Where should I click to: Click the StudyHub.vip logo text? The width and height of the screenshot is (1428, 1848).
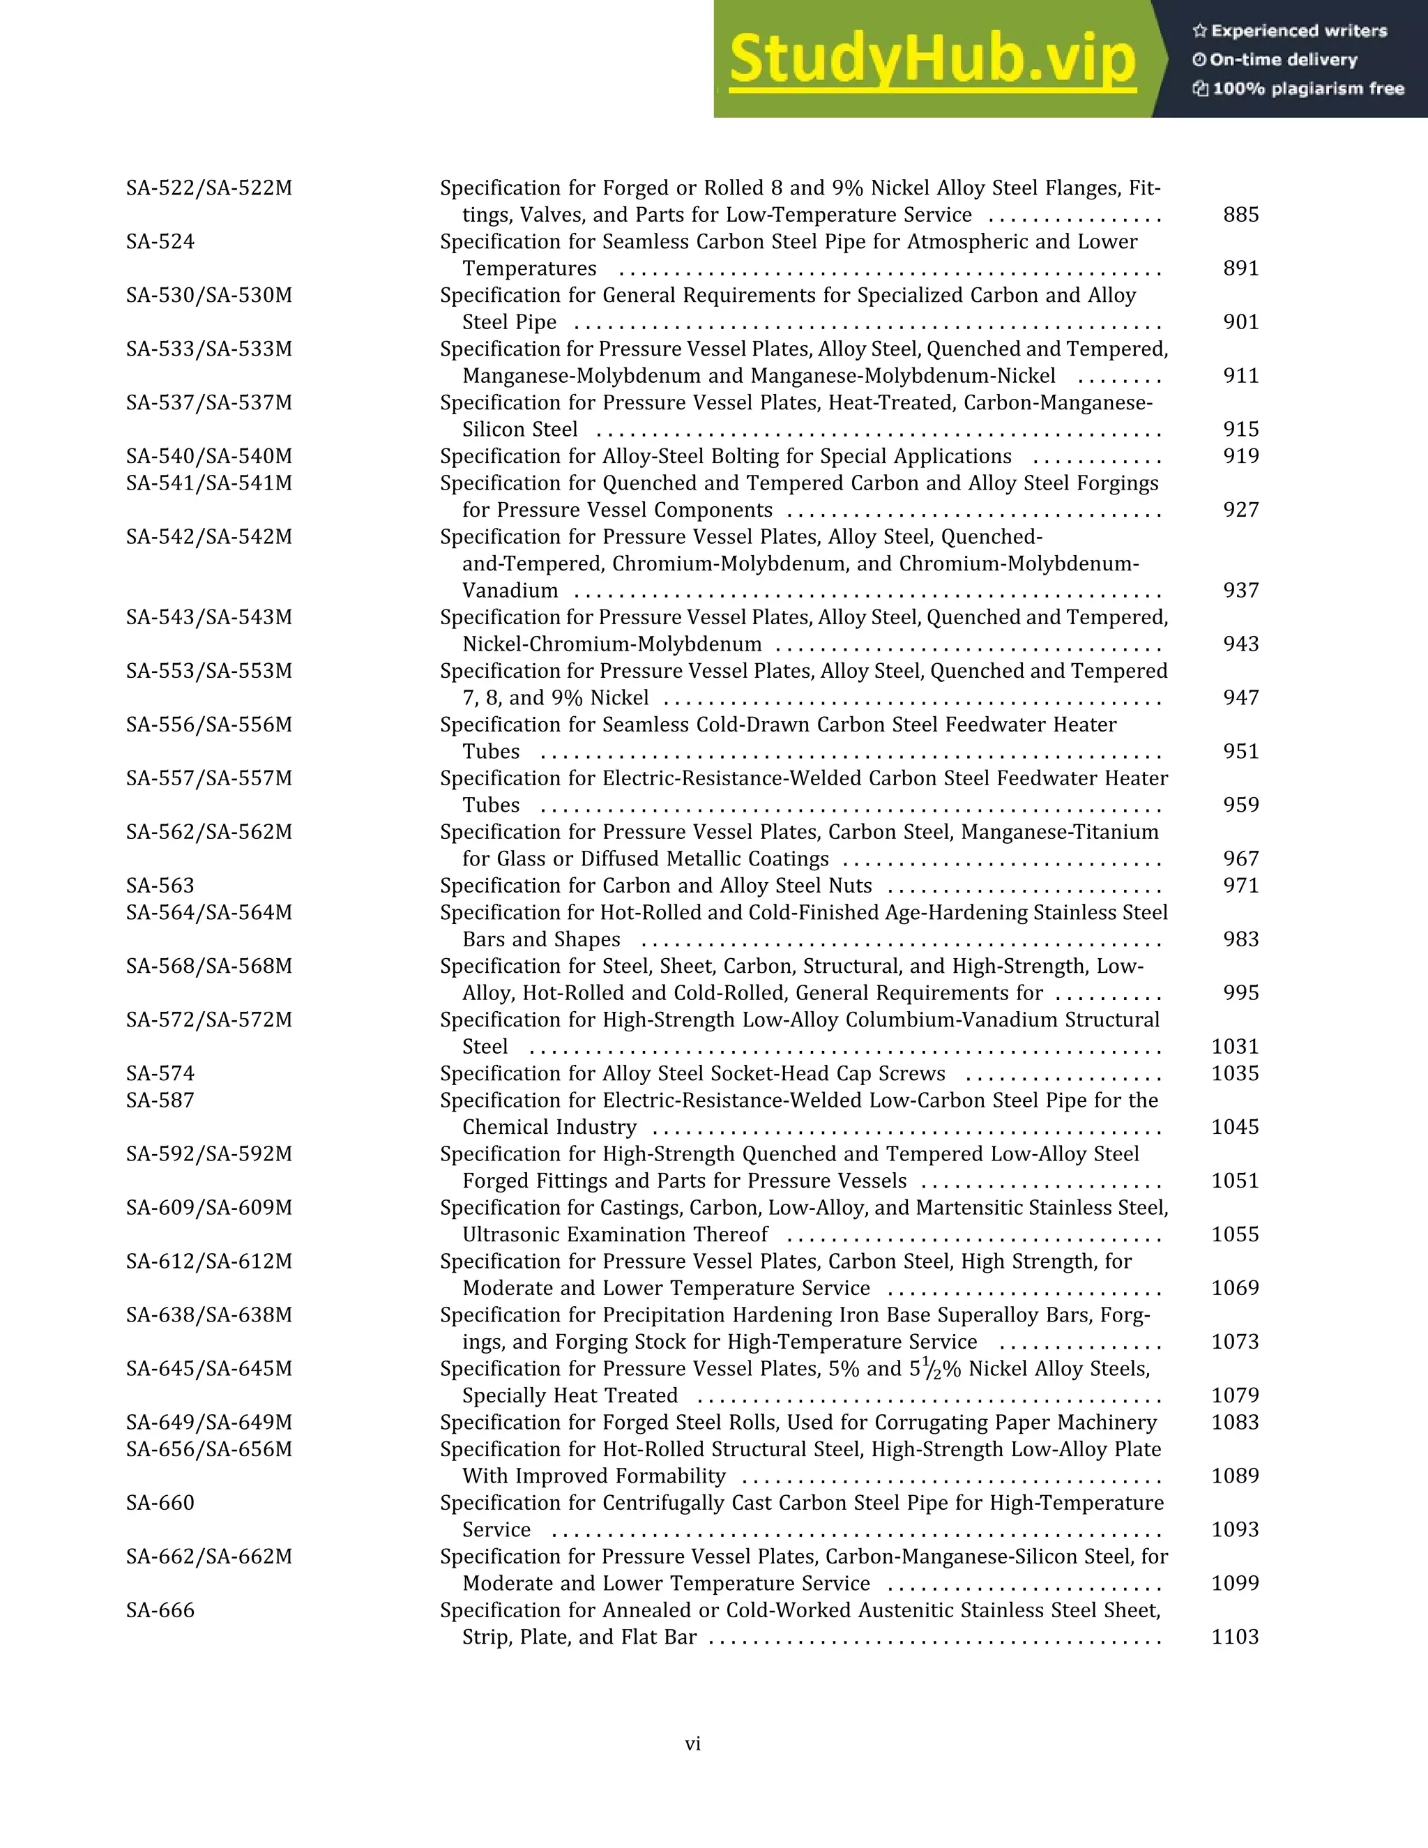tap(932, 59)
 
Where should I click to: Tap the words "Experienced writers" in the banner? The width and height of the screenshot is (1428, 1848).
tap(1298, 31)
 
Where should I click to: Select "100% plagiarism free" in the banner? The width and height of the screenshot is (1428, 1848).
tap(1308, 89)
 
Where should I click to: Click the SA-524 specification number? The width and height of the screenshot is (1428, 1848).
tap(160, 242)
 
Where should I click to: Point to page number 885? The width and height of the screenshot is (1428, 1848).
tap(1240, 215)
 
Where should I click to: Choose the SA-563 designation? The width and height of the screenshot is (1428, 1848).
tap(160, 886)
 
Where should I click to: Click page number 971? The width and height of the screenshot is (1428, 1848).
tap(1240, 886)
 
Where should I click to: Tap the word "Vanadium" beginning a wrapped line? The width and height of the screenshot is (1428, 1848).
tap(510, 591)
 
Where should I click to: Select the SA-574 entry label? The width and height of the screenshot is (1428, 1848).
tap(160, 1074)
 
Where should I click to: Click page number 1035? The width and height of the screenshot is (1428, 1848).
tap(1234, 1074)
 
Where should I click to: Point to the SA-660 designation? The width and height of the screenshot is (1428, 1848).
tap(160, 1503)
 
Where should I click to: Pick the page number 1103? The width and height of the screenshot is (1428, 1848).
tap(1234, 1637)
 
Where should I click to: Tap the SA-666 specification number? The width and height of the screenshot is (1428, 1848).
tap(160, 1610)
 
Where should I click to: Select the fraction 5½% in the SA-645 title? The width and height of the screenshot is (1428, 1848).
tap(936, 1369)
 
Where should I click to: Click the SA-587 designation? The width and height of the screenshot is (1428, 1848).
tap(160, 1101)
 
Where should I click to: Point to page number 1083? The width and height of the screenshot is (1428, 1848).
tap(1234, 1423)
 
